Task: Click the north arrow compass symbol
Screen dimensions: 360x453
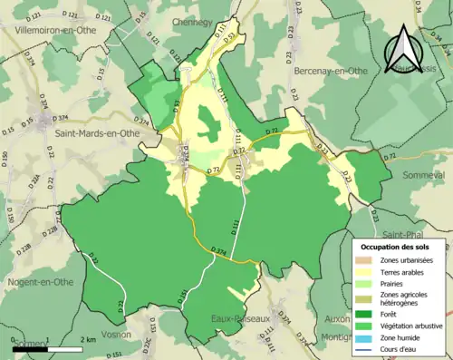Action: (x=412, y=45)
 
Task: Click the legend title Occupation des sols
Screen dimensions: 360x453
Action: (x=400, y=247)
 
